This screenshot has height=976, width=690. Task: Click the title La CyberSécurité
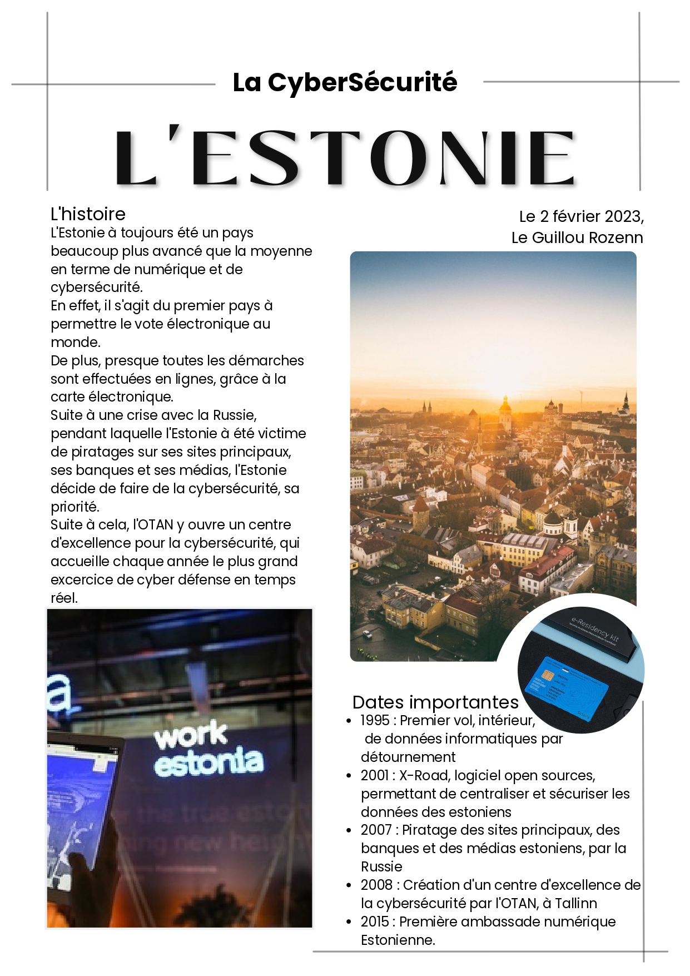[x=345, y=82]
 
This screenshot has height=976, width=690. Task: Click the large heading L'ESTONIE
[x=345, y=158]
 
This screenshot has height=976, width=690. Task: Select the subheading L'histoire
[x=88, y=214]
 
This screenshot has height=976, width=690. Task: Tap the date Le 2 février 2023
[x=581, y=216]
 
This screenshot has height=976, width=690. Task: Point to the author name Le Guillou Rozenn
[x=577, y=238]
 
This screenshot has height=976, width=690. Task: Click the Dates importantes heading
[x=435, y=702]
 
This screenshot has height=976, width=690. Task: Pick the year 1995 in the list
[x=375, y=721]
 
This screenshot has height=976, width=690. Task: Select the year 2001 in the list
[x=375, y=776]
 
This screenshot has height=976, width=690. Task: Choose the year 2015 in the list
[x=375, y=922]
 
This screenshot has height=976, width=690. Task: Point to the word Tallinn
[x=576, y=904]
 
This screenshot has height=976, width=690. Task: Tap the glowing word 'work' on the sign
[x=191, y=736]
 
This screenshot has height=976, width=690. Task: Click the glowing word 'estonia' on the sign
[x=209, y=762]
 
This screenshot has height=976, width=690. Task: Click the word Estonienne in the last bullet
[x=398, y=940]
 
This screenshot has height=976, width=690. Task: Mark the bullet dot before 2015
[x=349, y=922]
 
